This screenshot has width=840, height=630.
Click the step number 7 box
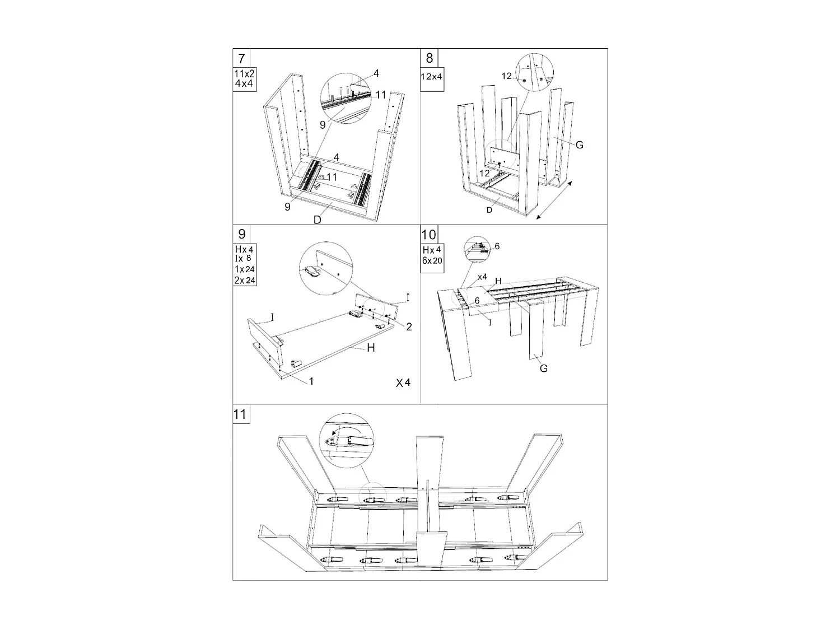coord(241,58)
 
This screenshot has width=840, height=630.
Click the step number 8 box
coord(430,58)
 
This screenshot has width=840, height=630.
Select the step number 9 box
coord(241,234)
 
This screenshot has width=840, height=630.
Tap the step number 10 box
coord(429,234)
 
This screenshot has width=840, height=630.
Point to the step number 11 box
coord(240,414)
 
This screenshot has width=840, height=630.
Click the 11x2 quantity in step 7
coord(244,74)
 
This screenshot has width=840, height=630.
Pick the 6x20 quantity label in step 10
coord(432,260)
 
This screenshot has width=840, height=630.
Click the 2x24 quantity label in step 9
coord(244,280)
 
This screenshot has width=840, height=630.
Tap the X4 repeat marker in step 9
coord(403,383)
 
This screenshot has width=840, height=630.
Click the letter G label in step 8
coord(579,145)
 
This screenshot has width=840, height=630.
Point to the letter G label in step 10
coord(543,368)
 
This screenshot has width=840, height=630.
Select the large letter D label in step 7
coord(317,220)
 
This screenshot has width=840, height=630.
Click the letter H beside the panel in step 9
coord(371,348)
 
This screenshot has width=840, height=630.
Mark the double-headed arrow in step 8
coord(554,200)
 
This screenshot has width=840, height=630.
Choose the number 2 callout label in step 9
coord(409,326)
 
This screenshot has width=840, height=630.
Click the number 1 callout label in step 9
coord(311,381)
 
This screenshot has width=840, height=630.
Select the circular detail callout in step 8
coord(533,75)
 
